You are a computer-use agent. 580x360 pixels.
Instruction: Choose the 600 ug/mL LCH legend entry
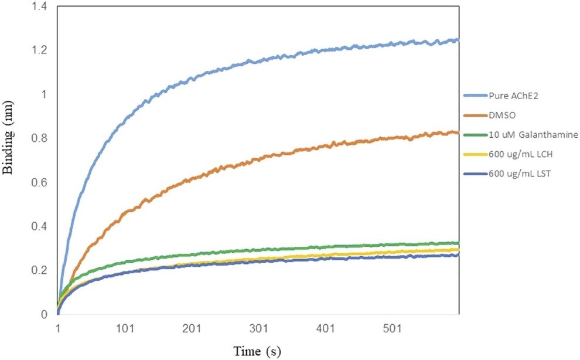(x=513, y=154)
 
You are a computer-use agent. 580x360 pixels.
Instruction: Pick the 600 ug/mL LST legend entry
(x=513, y=174)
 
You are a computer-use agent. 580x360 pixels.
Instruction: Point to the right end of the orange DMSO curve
(x=458, y=133)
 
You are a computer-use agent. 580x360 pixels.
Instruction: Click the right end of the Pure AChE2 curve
(x=458, y=40)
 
